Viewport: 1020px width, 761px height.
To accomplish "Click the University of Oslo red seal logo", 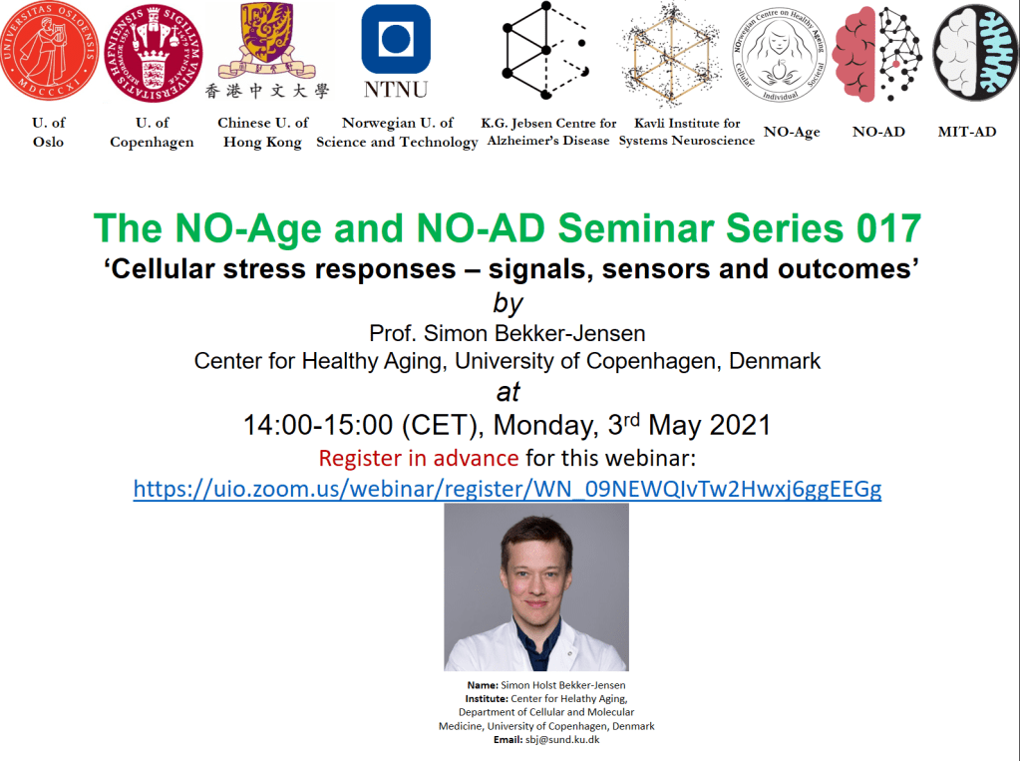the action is (x=48, y=51).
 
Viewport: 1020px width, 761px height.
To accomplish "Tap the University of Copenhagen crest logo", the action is (x=153, y=52).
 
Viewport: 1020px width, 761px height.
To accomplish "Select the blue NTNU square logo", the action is (x=396, y=39).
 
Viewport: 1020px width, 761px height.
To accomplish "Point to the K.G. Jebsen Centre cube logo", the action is (x=545, y=51).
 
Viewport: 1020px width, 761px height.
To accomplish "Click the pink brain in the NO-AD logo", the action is (x=853, y=55).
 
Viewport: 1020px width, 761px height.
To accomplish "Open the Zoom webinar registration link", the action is (x=508, y=489).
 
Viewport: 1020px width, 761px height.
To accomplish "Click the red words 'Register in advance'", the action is (x=419, y=458).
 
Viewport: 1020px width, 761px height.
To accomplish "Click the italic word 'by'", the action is (x=509, y=303).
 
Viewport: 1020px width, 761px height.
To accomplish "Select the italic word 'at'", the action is (x=509, y=392).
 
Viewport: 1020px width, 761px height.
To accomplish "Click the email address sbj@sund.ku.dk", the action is (x=562, y=739).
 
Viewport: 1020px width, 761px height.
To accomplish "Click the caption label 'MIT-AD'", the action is (x=967, y=132).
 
